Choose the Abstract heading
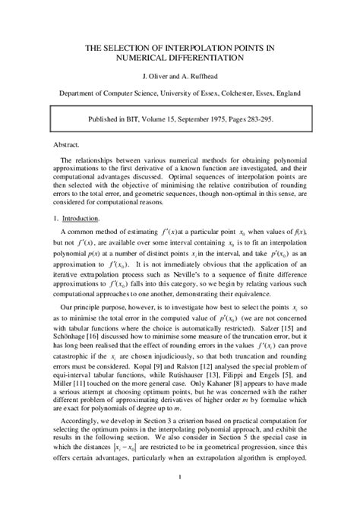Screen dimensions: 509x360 click(x=67, y=143)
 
